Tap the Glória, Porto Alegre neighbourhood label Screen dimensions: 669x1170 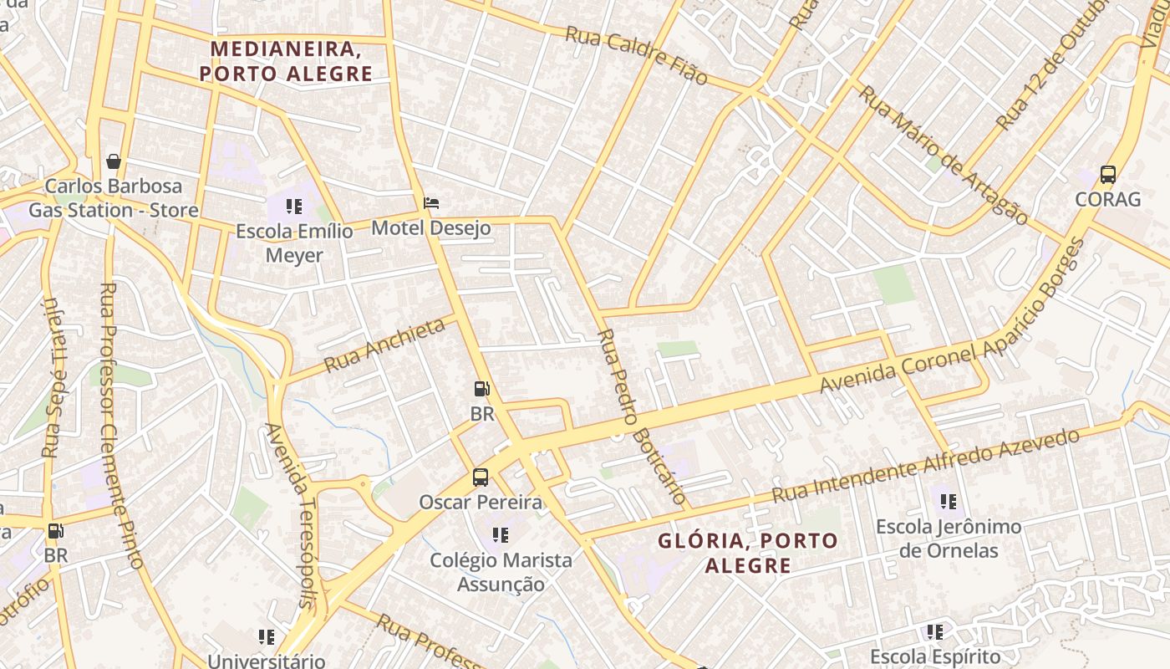(747, 553)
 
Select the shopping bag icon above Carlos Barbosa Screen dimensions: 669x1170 (114, 161)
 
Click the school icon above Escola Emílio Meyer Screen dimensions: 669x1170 (293, 206)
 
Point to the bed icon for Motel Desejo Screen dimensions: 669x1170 (431, 203)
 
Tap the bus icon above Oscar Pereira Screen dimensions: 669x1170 (481, 477)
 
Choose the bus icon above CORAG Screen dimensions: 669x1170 (1108, 175)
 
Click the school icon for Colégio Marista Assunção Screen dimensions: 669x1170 (501, 535)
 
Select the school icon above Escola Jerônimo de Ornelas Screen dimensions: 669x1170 (949, 502)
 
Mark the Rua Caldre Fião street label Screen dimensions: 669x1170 (637, 56)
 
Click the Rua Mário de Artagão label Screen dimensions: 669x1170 (943, 155)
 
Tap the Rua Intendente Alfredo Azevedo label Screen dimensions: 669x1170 (926, 466)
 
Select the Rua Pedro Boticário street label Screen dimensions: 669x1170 (643, 417)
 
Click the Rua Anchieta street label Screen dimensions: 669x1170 (384, 345)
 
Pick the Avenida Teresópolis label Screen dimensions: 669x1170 (290, 514)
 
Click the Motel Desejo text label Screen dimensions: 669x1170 (430, 227)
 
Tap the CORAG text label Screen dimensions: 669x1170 (1107, 199)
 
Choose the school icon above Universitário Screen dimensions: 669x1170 (267, 637)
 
